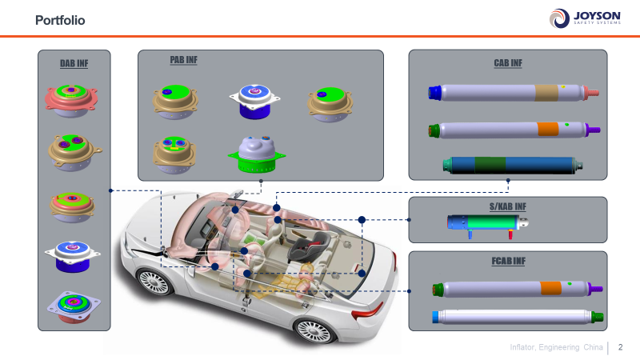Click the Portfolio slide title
[60, 19]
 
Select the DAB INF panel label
[74, 64]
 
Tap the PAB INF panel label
[183, 60]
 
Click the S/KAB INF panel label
[508, 206]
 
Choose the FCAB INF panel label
[508, 261]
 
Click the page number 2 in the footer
[620, 347]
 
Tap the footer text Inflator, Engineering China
[557, 347]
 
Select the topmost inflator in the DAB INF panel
[74, 96]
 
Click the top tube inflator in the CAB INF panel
[512, 93]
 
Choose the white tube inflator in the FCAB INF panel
[516, 317]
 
